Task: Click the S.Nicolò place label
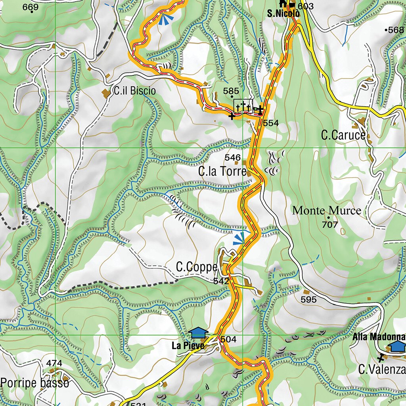pyautogui.click(x=282, y=14)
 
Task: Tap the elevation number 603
pyautogui.click(x=306, y=6)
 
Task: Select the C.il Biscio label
pyautogui.click(x=134, y=91)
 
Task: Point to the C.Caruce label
pyautogui.click(x=343, y=135)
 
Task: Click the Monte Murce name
pyautogui.click(x=327, y=211)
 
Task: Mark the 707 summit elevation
pyautogui.click(x=330, y=225)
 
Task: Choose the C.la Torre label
pyautogui.click(x=222, y=172)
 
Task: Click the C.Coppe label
pyautogui.click(x=197, y=268)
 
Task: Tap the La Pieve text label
pyautogui.click(x=188, y=346)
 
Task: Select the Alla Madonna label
pyautogui.click(x=379, y=337)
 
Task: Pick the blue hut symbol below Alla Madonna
pyautogui.click(x=397, y=346)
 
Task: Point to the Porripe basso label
pyautogui.click(x=35, y=383)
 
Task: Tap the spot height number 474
pyautogui.click(x=54, y=363)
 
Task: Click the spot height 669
pyautogui.click(x=31, y=8)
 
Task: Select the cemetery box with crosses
pyautogui.click(x=243, y=106)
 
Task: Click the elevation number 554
pyautogui.click(x=271, y=123)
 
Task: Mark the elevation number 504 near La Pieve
pyautogui.click(x=228, y=339)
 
